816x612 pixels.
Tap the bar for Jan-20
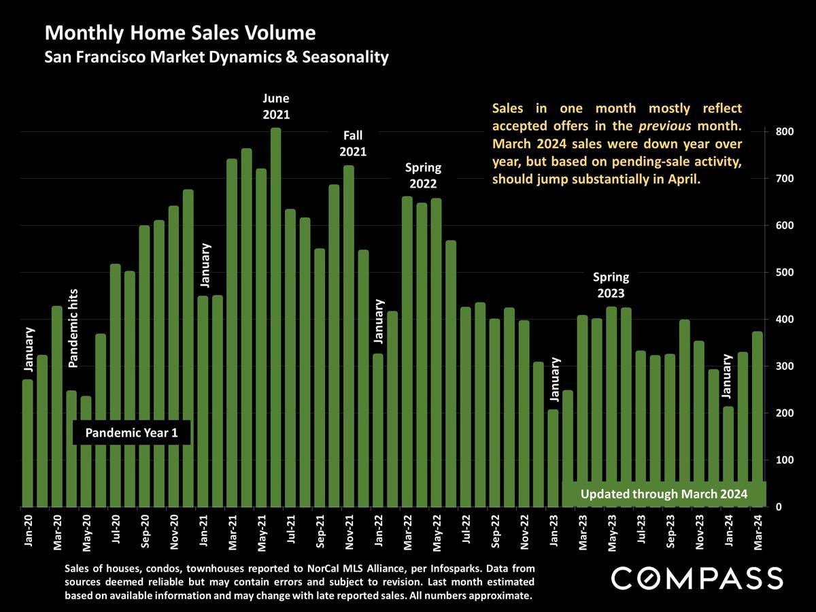coord(27,443)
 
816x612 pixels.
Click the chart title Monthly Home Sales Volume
coord(180,33)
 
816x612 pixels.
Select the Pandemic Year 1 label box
coord(131,433)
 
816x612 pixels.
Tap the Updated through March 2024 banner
coord(664,494)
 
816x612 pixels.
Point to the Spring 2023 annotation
coord(611,286)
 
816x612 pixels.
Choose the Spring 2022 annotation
coord(423,175)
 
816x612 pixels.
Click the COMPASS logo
coord(697,579)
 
